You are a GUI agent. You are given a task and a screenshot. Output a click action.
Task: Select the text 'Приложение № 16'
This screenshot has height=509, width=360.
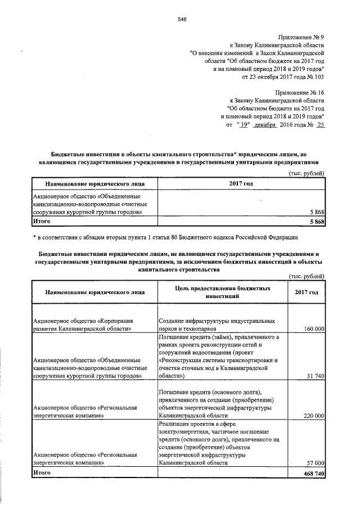point(300,91)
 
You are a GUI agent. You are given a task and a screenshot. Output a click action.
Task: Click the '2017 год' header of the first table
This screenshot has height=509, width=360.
point(241,183)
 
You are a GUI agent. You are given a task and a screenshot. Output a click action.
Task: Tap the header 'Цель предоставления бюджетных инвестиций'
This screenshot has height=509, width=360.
point(223,291)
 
